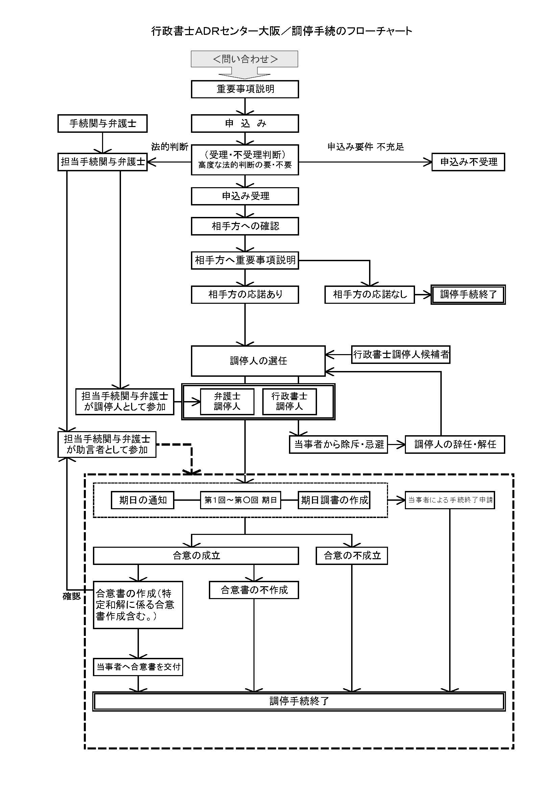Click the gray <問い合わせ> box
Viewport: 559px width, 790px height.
click(244, 59)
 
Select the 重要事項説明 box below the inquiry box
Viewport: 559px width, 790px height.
click(245, 89)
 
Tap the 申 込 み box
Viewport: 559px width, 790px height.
click(245, 124)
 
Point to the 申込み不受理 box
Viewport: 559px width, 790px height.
click(468, 162)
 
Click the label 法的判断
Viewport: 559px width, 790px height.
click(170, 147)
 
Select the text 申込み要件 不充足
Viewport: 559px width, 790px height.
click(366, 147)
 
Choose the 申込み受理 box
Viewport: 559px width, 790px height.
click(245, 196)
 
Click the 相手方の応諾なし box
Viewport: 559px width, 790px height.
click(369, 295)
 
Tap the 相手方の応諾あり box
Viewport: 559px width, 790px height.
click(245, 295)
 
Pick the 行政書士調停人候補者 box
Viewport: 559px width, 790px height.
click(401, 354)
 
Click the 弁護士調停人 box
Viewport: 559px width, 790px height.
click(227, 401)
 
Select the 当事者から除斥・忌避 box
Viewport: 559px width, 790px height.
click(338, 445)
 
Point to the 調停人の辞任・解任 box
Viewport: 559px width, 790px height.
click(455, 445)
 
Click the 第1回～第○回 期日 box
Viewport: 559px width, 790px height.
click(240, 500)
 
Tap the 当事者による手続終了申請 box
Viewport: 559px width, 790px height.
click(449, 500)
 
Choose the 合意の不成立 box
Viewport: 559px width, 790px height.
click(352, 556)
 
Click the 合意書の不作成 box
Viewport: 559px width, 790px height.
click(254, 590)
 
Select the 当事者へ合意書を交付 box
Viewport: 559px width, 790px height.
click(138, 667)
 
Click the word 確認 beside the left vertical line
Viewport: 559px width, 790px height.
click(72, 596)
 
